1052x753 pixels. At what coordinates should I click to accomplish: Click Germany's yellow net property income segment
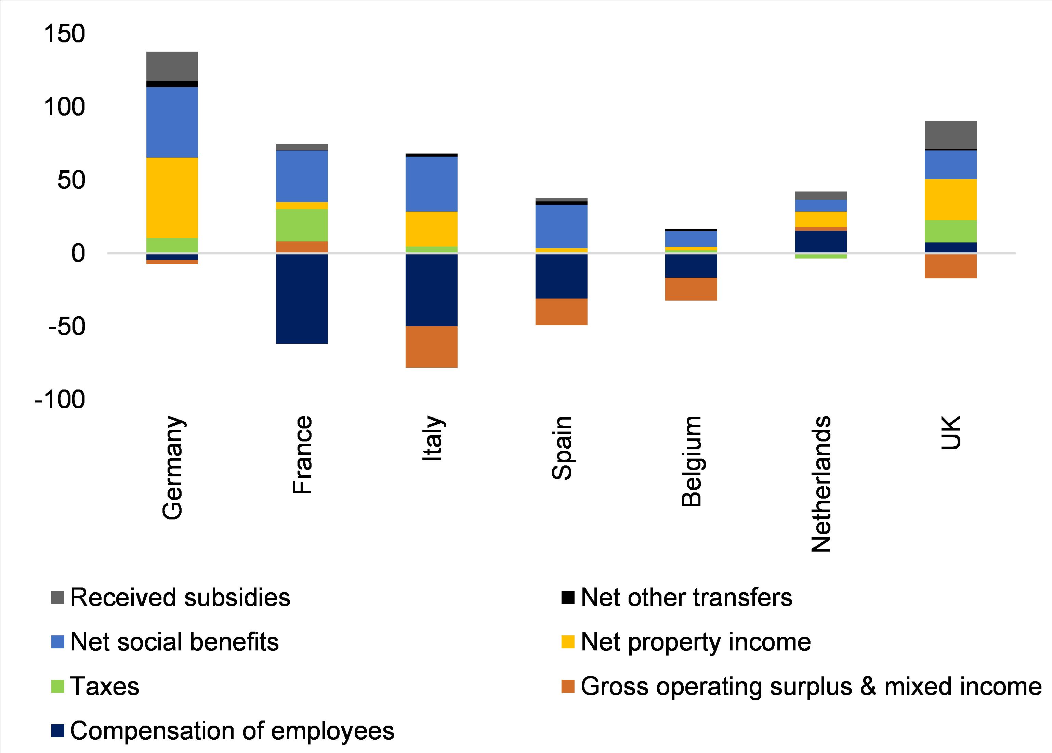pyautogui.click(x=172, y=198)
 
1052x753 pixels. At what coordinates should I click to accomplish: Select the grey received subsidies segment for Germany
pyautogui.click(x=172, y=66)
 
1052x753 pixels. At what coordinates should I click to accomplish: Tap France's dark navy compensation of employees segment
pyautogui.click(x=302, y=299)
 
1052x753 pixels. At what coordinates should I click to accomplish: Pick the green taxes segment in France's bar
pyautogui.click(x=302, y=225)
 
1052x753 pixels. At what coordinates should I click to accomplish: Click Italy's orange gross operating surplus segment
pyautogui.click(x=431, y=347)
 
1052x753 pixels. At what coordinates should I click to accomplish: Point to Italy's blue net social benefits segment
pyautogui.click(x=431, y=184)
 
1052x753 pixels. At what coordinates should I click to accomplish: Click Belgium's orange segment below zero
pyautogui.click(x=691, y=289)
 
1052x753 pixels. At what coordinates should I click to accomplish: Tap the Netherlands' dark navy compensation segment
pyautogui.click(x=821, y=241)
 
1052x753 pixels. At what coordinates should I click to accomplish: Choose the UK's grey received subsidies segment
pyautogui.click(x=950, y=135)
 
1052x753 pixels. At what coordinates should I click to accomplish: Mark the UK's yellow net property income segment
pyautogui.click(x=950, y=199)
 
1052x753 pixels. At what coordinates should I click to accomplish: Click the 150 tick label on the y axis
pyautogui.click(x=64, y=34)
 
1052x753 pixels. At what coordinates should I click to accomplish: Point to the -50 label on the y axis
pyautogui.click(x=67, y=327)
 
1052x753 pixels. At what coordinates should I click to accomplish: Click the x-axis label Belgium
pyautogui.click(x=691, y=461)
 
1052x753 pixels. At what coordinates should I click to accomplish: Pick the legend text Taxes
pyautogui.click(x=104, y=686)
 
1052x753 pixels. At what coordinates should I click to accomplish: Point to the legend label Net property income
pyautogui.click(x=695, y=642)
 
